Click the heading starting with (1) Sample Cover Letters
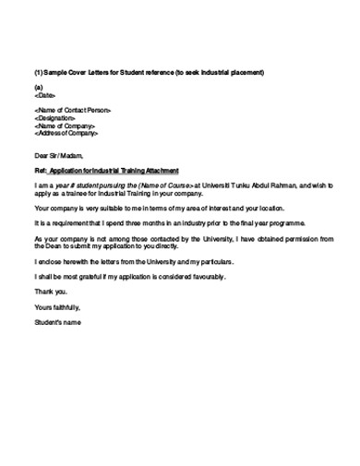coord(149,72)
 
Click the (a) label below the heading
coord(38,87)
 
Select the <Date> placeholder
coord(45,94)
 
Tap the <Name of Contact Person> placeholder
coord(73,111)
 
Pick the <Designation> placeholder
coord(55,118)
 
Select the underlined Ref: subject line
coord(106,171)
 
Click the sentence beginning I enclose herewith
coord(134,261)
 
